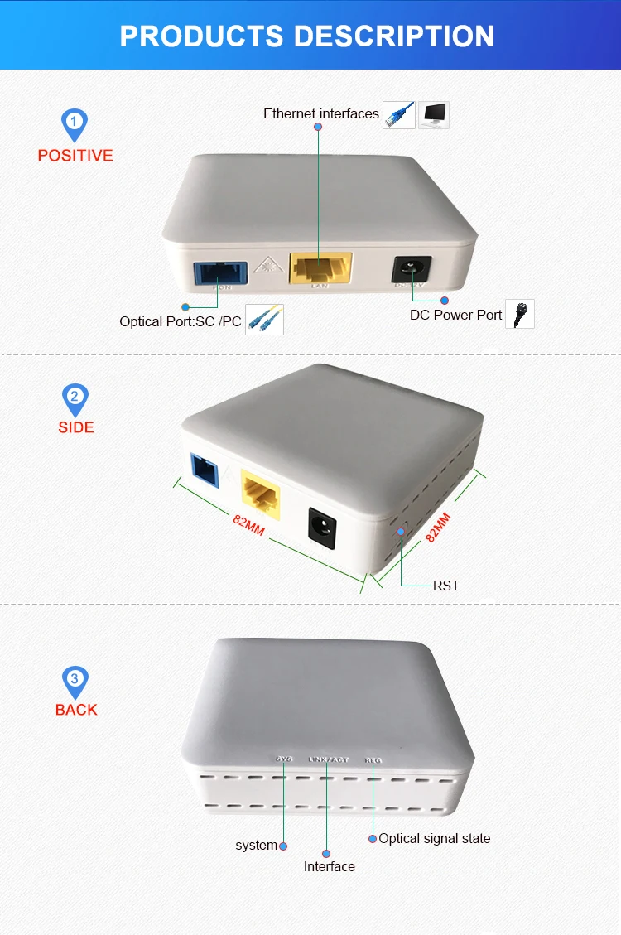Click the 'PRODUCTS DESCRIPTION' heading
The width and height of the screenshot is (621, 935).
click(x=307, y=36)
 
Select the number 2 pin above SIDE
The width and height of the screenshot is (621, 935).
click(x=75, y=398)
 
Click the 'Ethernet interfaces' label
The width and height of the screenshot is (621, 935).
click(x=320, y=113)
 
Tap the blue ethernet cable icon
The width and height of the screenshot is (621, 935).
click(x=398, y=114)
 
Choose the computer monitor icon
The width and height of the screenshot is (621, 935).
click(x=433, y=114)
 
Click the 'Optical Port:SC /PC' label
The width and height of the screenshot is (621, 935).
click(x=181, y=321)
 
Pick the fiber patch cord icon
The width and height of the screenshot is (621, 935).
click(x=264, y=320)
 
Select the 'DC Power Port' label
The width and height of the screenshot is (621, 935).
click(x=455, y=315)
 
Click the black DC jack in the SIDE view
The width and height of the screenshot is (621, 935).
click(x=321, y=527)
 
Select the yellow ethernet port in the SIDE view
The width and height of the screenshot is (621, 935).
click(x=260, y=496)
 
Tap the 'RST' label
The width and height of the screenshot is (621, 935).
click(x=445, y=586)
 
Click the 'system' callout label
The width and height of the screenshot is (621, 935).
click(x=256, y=845)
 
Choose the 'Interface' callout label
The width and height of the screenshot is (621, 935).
click(x=329, y=866)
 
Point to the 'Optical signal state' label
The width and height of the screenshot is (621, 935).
click(x=434, y=838)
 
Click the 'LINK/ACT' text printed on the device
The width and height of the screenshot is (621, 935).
click(x=329, y=759)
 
